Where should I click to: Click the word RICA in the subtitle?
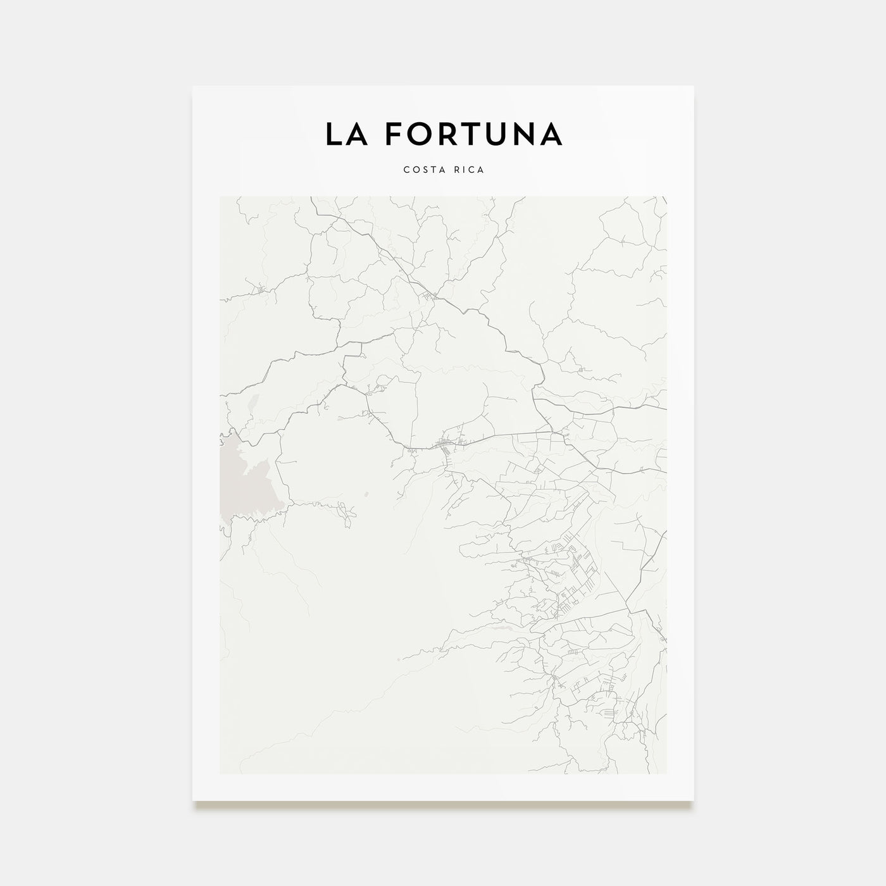coord(469,170)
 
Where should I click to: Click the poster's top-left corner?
coord(193,86)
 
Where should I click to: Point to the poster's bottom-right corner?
coord(694,801)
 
